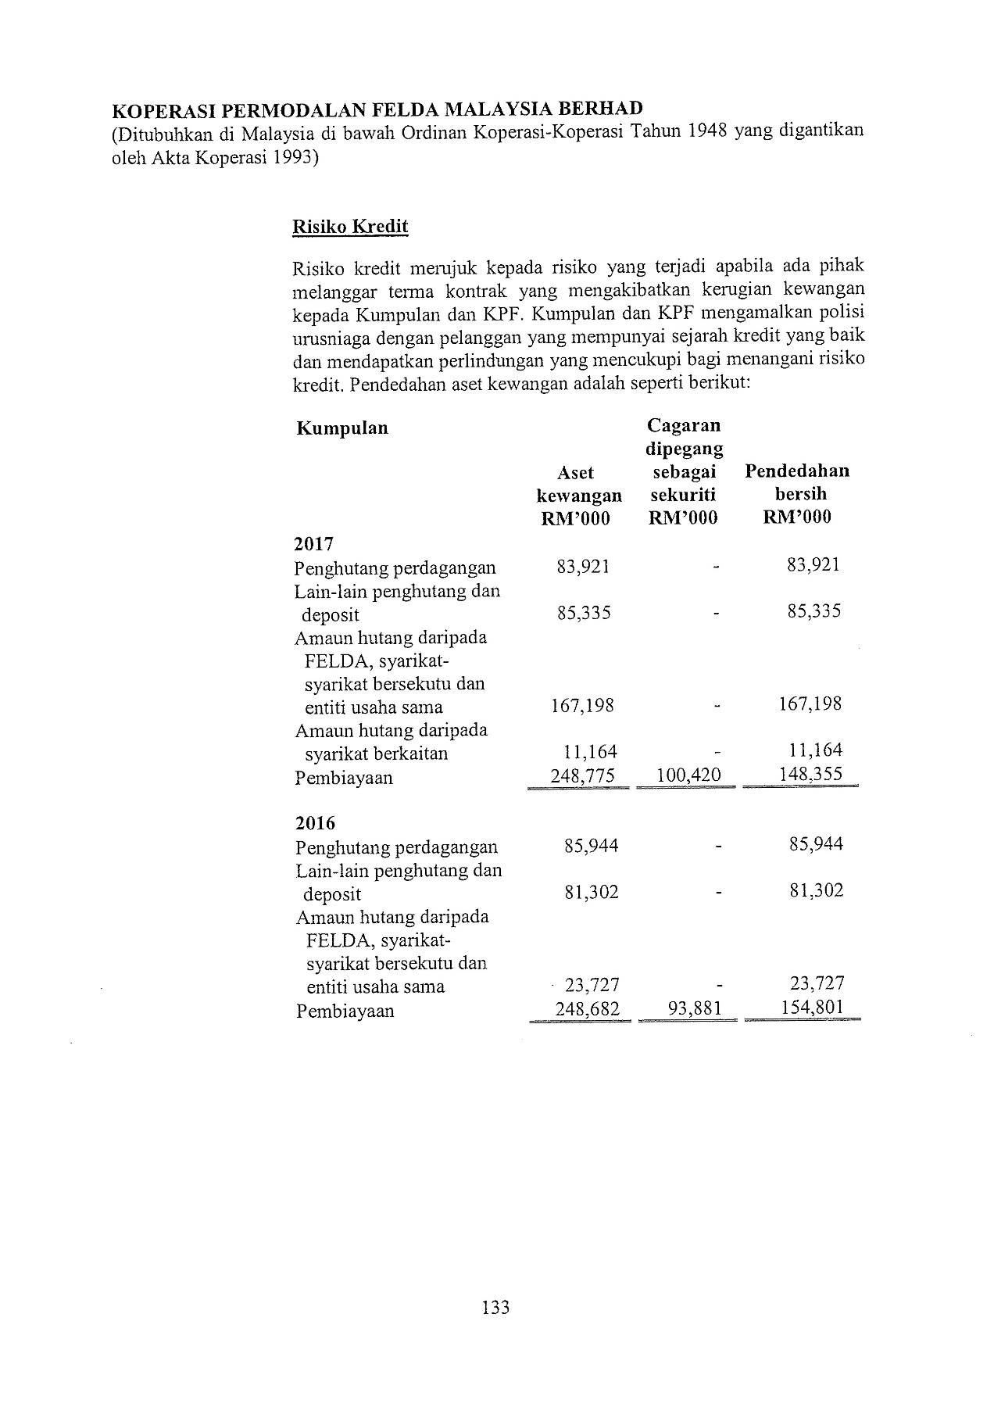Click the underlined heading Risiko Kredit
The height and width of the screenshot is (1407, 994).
tap(349, 227)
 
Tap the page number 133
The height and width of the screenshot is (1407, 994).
tap(496, 1306)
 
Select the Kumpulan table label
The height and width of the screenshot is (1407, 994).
tap(342, 428)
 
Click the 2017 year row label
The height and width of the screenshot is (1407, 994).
tap(314, 543)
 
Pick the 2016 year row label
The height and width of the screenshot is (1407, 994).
tap(316, 823)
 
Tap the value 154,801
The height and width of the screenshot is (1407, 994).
tap(812, 1007)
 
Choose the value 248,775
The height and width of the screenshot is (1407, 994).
tap(583, 775)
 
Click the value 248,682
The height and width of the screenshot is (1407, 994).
tap(587, 1009)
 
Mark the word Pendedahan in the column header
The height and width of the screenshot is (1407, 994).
tap(796, 471)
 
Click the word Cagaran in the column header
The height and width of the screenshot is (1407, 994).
tap(684, 426)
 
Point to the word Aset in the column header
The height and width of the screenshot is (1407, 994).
tap(575, 473)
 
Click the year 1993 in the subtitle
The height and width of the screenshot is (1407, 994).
tap(288, 157)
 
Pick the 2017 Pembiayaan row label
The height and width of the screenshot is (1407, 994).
tap(344, 778)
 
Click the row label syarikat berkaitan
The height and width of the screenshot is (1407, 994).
tap(376, 754)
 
